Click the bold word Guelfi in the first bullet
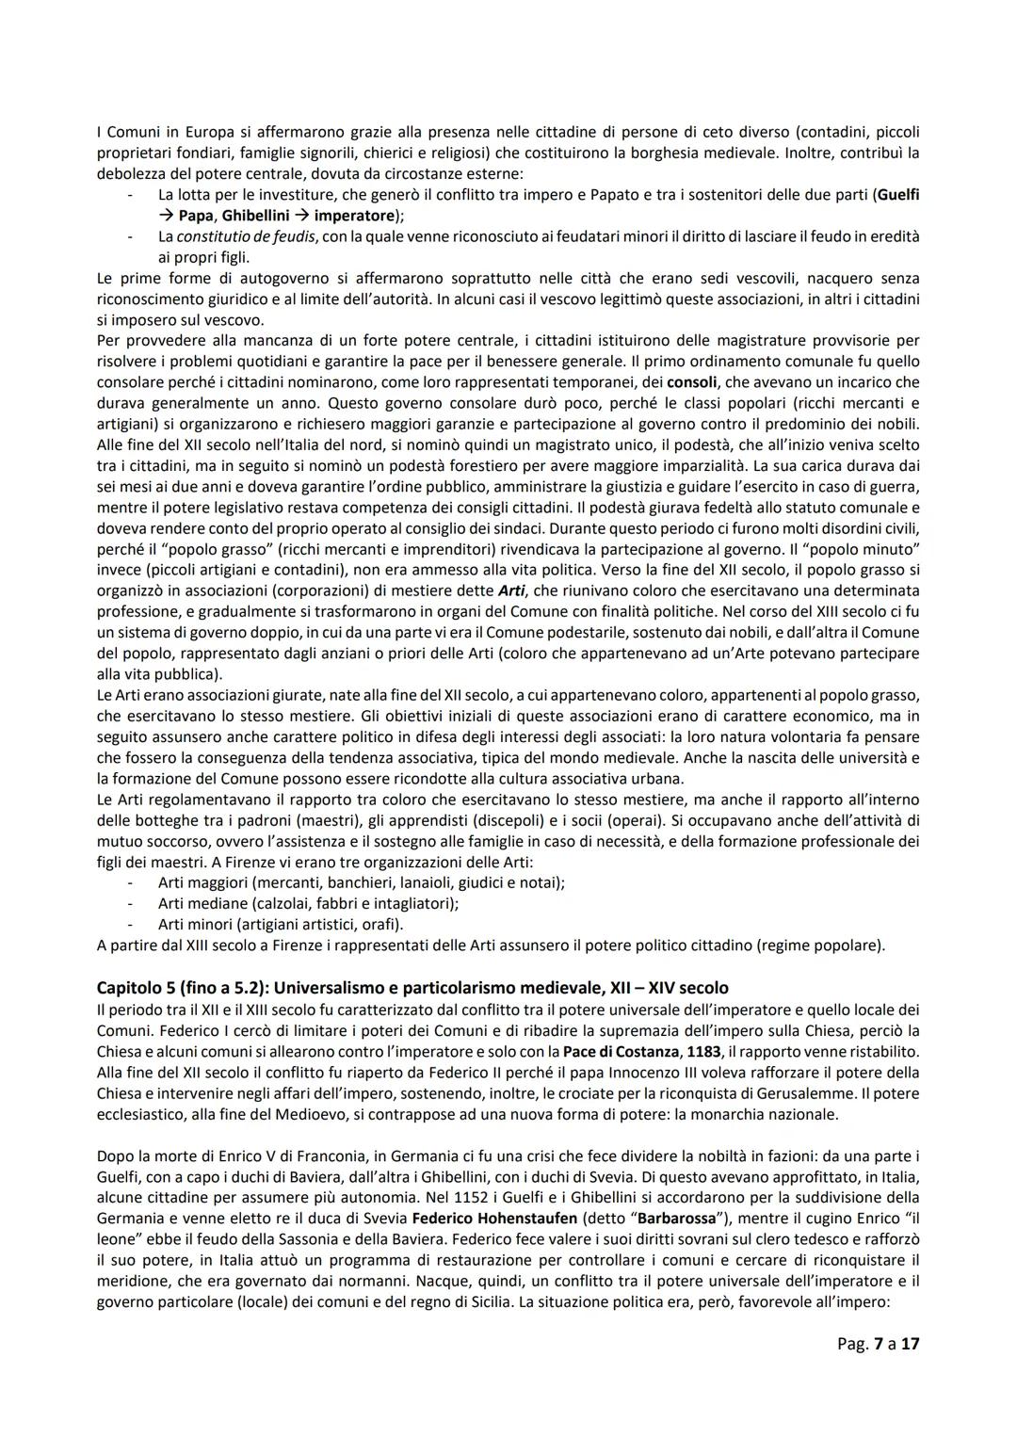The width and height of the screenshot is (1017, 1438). (896, 195)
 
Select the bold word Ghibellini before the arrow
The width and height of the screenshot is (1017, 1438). (254, 216)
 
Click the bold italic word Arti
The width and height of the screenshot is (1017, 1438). (508, 590)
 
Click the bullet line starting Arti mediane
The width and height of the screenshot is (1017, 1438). (308, 903)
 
